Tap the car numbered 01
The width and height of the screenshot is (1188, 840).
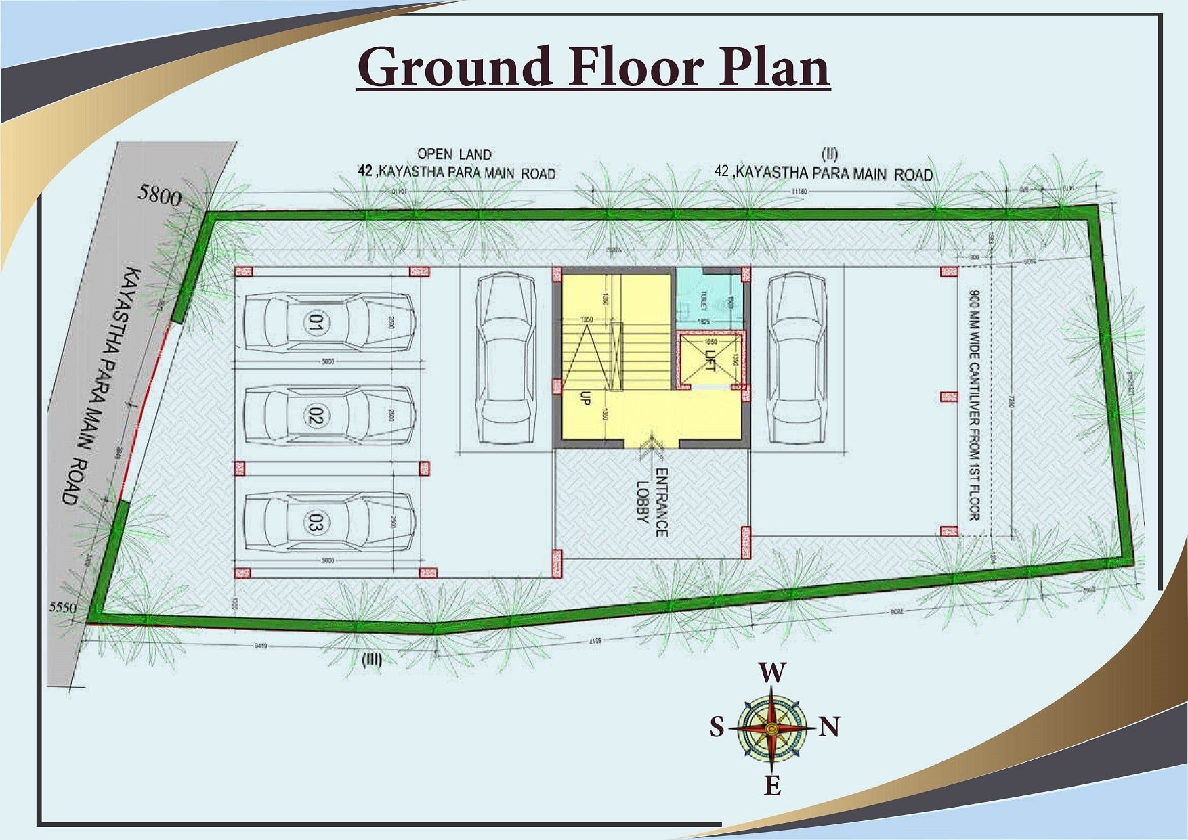point(329,323)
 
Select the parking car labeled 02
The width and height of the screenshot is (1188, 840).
point(329,416)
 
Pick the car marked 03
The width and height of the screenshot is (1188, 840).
point(329,522)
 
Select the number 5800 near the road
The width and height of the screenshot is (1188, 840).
point(160,196)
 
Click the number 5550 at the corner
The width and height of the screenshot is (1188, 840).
point(63,608)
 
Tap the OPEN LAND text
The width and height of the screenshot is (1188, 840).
point(454,154)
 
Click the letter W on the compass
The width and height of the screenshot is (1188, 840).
point(772,673)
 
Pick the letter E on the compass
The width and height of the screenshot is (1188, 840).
point(772,786)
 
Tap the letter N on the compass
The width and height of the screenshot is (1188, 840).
point(830,728)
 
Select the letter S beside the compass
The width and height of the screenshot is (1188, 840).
point(717,728)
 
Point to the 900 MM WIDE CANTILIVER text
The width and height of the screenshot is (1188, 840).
point(974,405)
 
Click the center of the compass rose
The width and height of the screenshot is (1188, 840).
point(771,728)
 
